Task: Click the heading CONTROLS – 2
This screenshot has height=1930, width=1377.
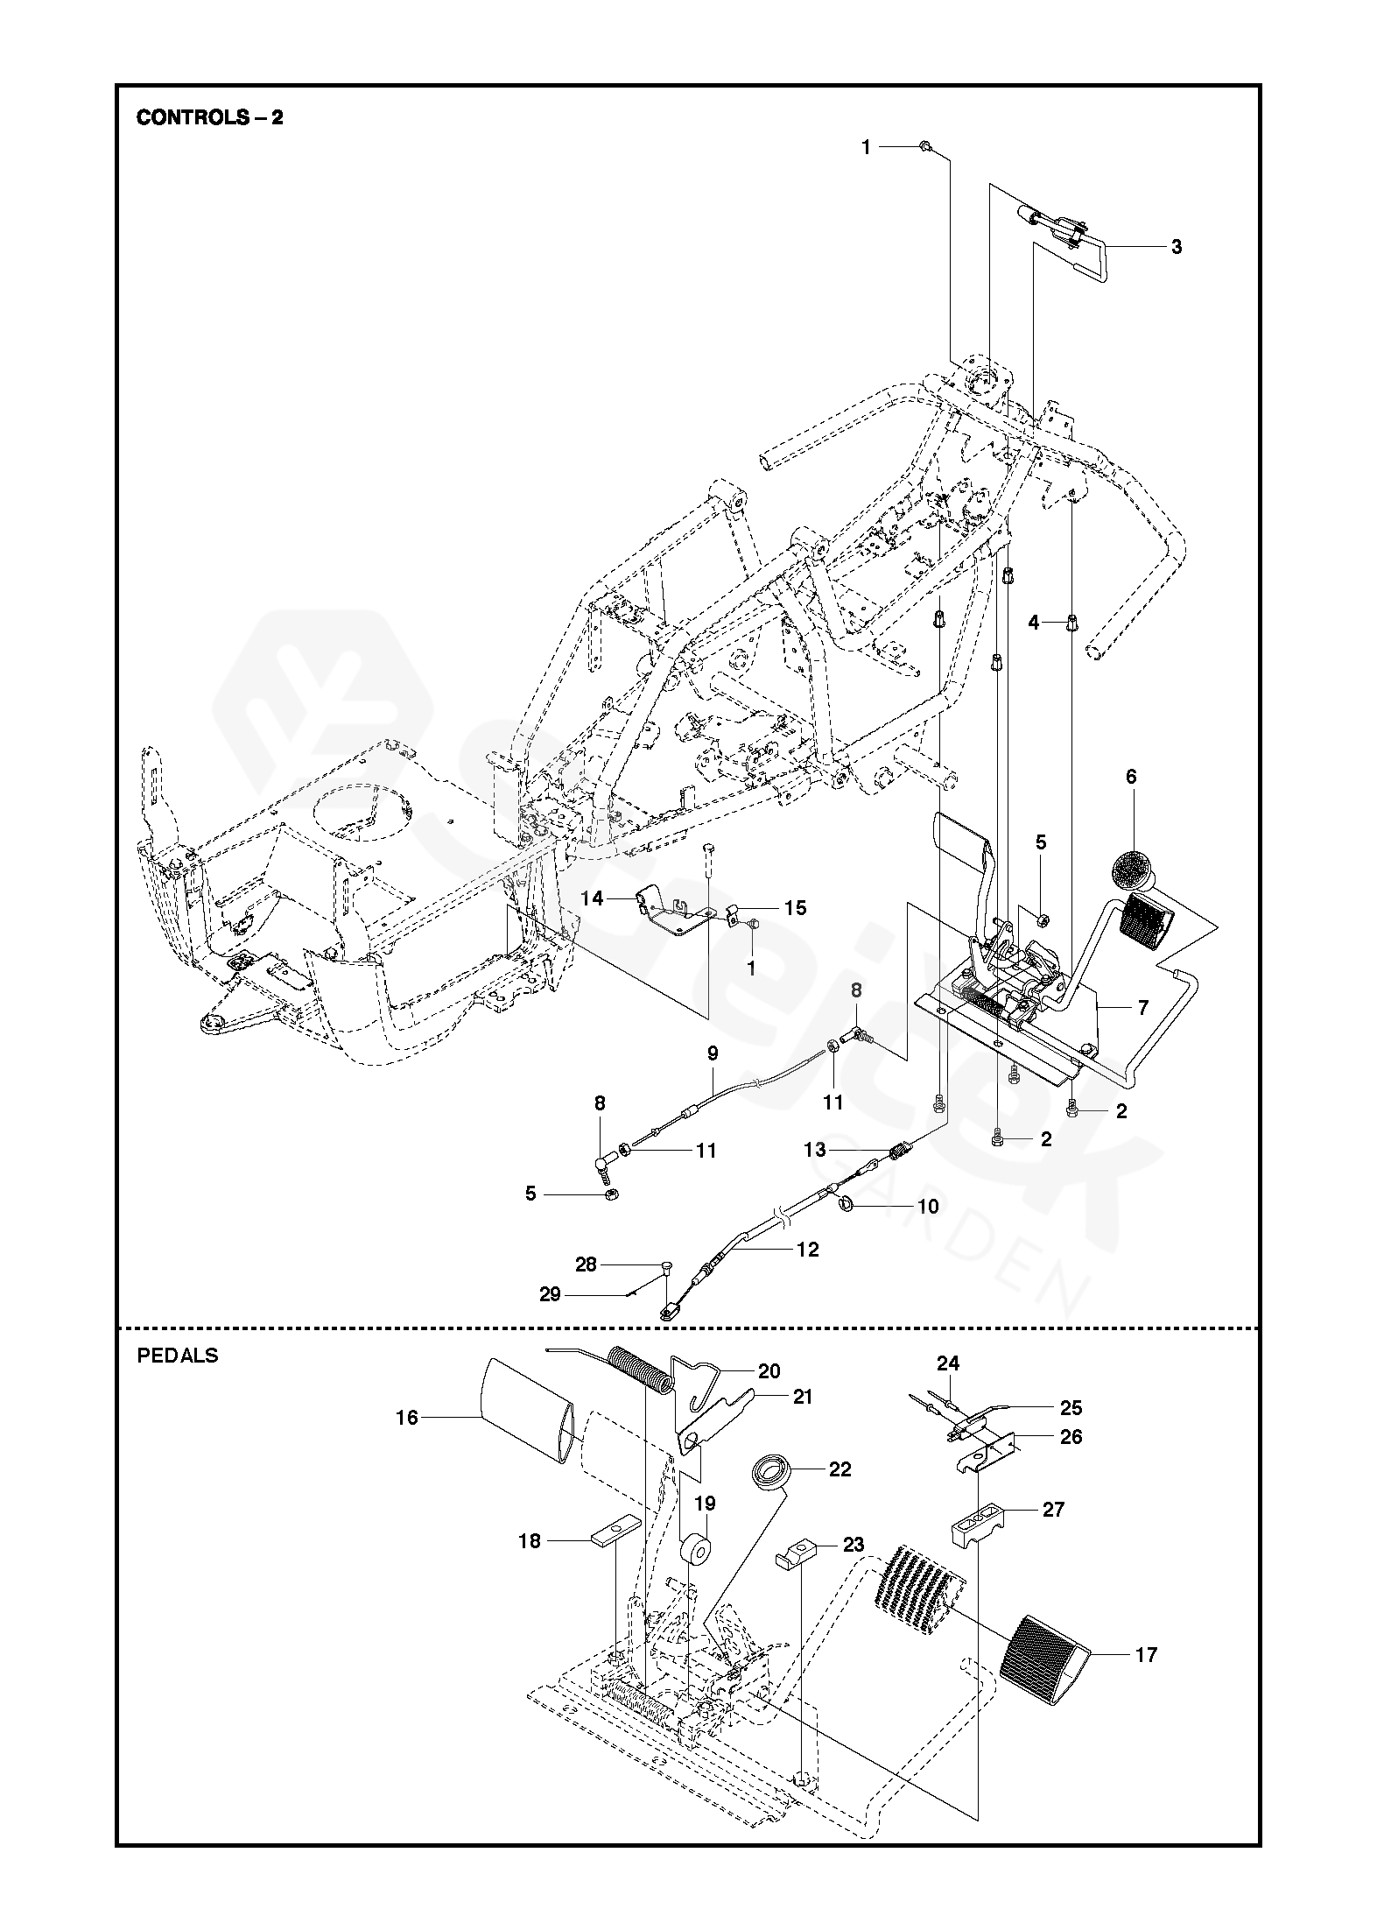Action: (209, 117)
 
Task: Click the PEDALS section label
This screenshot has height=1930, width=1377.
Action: (178, 1356)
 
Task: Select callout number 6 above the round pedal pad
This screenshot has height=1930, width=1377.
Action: (1131, 776)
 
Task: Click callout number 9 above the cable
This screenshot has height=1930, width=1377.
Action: (713, 1053)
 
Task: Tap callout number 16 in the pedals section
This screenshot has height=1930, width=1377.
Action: (408, 1418)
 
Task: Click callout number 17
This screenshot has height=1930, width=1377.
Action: (1146, 1655)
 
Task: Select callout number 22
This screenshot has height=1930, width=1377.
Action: (840, 1469)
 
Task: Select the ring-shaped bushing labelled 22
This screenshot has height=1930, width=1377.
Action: (772, 1469)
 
